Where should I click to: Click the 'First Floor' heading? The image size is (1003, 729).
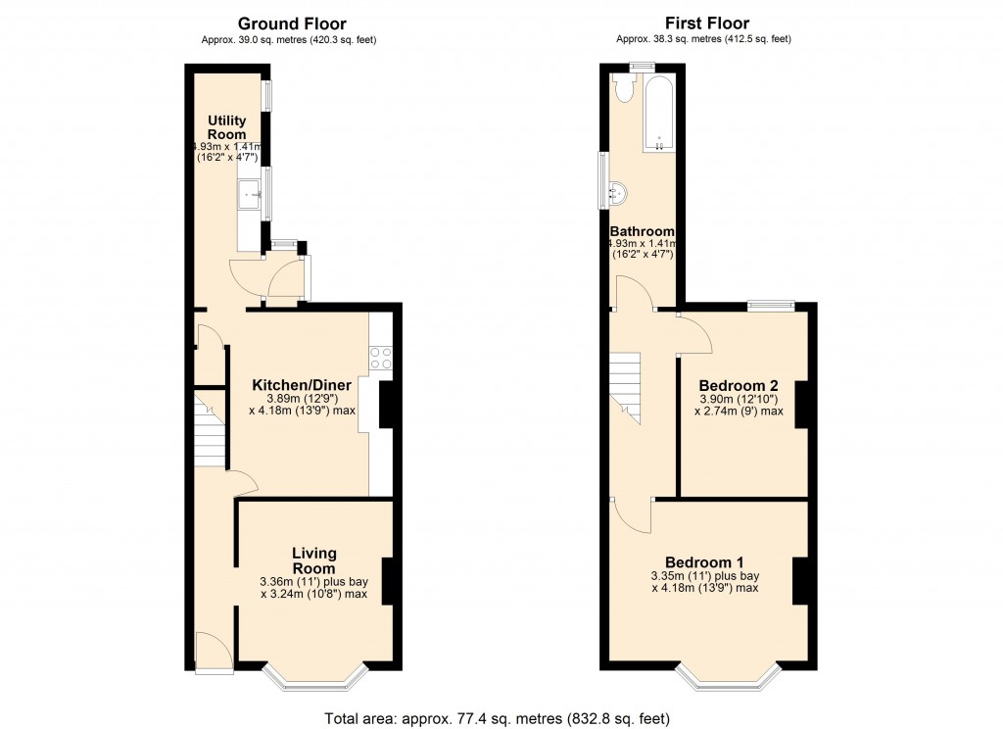(707, 24)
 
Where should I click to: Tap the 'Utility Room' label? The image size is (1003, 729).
(226, 127)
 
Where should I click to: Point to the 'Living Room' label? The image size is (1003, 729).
(313, 561)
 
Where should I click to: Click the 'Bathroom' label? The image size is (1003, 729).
(643, 231)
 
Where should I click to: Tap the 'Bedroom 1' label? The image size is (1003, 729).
(703, 561)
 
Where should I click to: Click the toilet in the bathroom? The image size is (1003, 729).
(624, 89)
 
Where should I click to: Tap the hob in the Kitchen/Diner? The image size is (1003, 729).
(380, 359)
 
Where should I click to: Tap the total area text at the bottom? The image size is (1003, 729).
(498, 718)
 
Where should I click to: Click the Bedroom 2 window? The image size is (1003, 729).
(772, 307)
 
